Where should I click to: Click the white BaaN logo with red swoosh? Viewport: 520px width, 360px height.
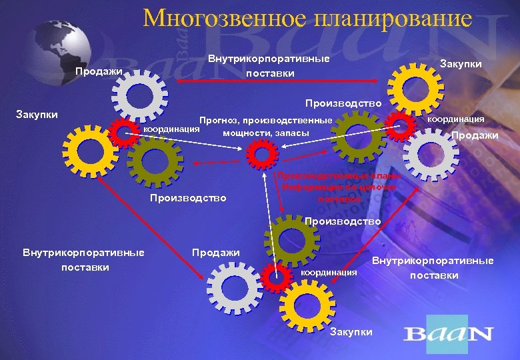(448, 333)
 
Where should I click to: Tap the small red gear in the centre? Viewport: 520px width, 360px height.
(262, 155)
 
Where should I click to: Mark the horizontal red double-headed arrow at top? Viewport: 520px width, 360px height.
(280, 82)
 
